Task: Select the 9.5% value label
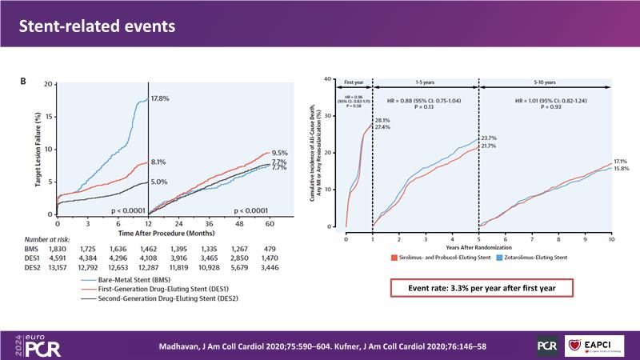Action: click(x=279, y=152)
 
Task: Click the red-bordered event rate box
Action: click(x=478, y=288)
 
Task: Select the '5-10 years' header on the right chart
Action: click(x=544, y=82)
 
